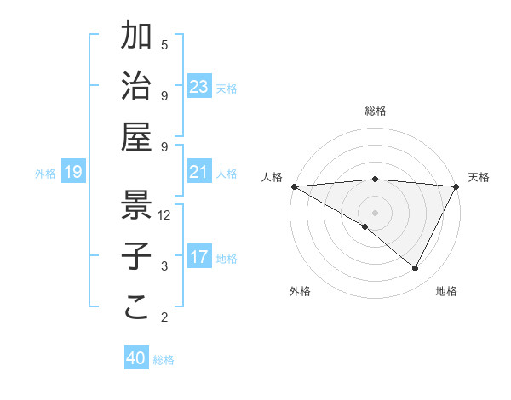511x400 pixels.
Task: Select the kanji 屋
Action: pyautogui.click(x=137, y=136)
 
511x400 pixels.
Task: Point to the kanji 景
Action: pyautogui.click(x=137, y=203)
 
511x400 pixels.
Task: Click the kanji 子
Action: pyautogui.click(x=137, y=254)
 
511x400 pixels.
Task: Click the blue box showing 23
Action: pyautogui.click(x=199, y=87)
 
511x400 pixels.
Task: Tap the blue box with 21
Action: pyautogui.click(x=199, y=173)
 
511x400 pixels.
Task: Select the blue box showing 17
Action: pyautogui.click(x=199, y=258)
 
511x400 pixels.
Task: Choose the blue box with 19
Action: pyautogui.click(x=73, y=173)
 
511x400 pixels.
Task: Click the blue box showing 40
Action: pyautogui.click(x=136, y=358)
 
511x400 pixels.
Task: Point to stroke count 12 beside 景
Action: pyautogui.click(x=165, y=215)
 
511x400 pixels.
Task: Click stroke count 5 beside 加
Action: pyautogui.click(x=164, y=44)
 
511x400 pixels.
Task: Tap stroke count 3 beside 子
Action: pyautogui.click(x=164, y=266)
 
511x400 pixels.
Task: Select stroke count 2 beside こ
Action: pyautogui.click(x=164, y=318)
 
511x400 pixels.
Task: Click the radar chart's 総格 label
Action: pyautogui.click(x=376, y=111)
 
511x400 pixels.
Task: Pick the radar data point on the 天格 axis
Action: pyautogui.click(x=456, y=186)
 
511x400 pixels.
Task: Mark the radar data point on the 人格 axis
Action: pyautogui.click(x=294, y=186)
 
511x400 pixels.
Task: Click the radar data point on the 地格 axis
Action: pyautogui.click(x=416, y=269)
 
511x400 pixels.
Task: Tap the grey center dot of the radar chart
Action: pyautogui.click(x=376, y=212)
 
